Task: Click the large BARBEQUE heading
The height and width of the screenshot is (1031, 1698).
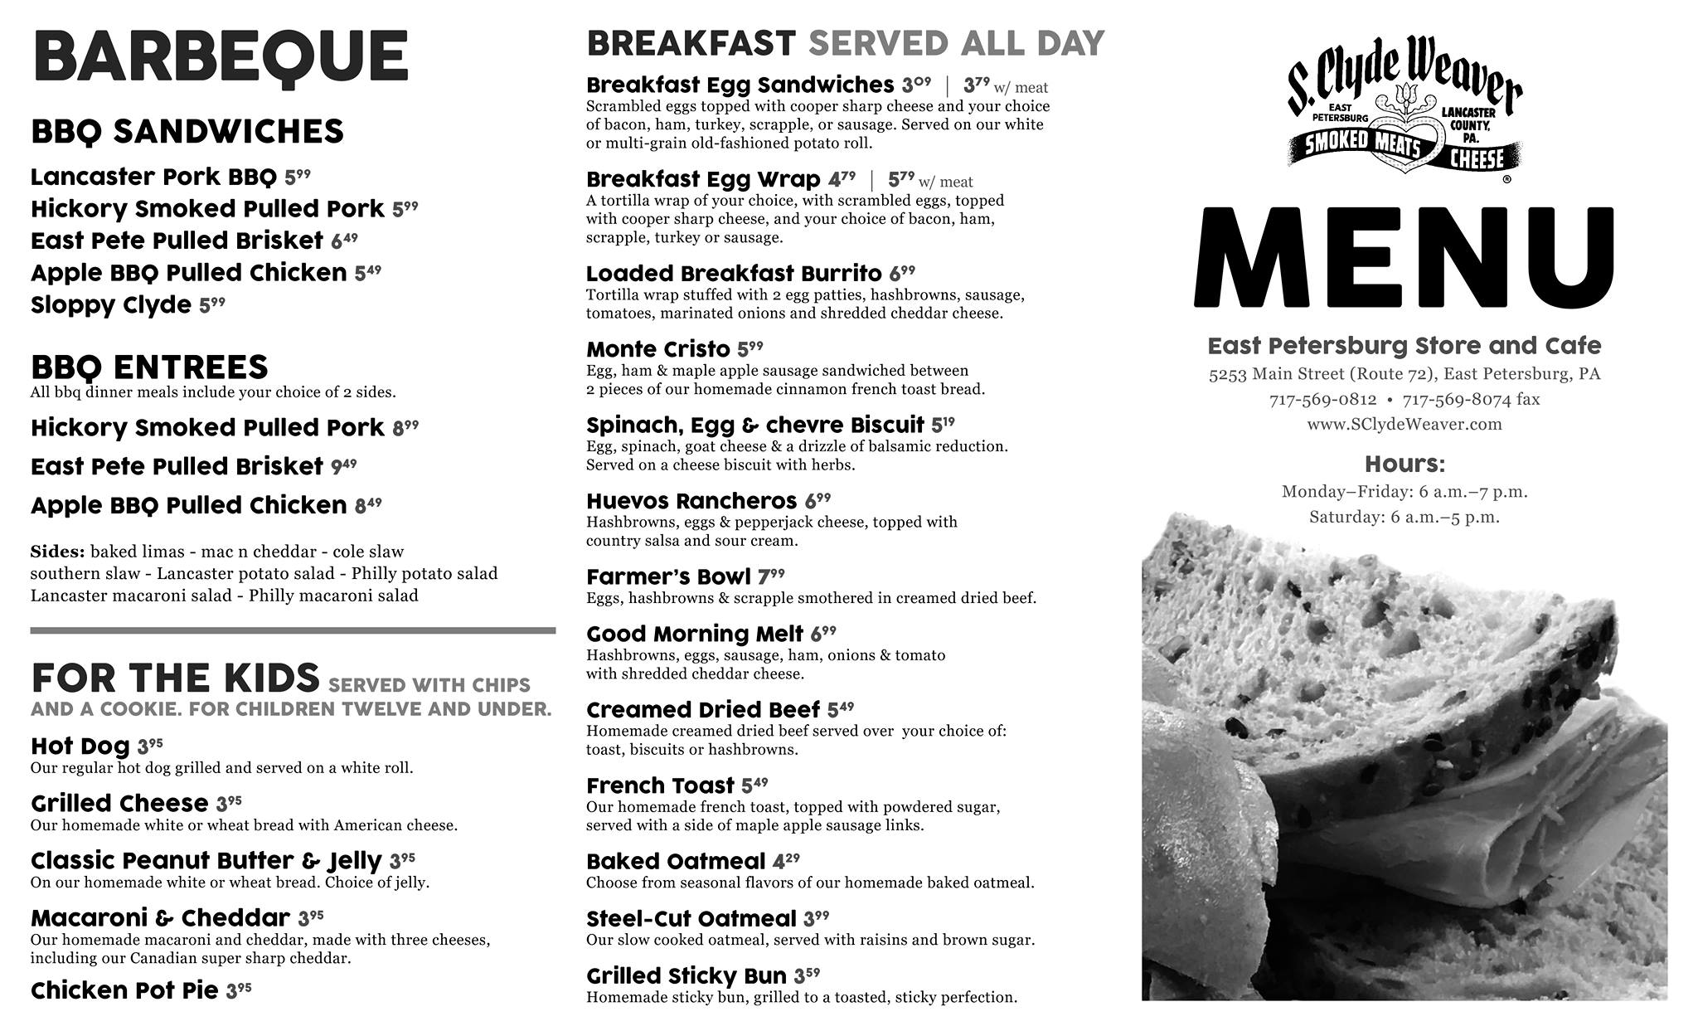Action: coord(221,56)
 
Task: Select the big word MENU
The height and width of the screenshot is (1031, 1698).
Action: coord(1404,259)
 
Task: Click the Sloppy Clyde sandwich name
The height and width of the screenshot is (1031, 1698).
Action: coord(111,305)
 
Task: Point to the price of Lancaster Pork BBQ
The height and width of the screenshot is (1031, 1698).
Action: coord(297,177)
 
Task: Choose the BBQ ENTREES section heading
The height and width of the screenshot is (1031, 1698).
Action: coord(149,367)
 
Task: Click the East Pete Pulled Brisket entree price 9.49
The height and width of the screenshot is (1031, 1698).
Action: coord(343,466)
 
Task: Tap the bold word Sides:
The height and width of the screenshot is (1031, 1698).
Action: coord(57,552)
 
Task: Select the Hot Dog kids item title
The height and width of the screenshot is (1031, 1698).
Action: coord(80,747)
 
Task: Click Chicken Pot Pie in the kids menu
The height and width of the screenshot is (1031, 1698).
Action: coord(124,990)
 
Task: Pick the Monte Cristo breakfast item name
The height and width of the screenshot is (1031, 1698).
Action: coord(657,349)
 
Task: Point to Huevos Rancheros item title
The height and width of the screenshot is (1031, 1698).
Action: coord(691,502)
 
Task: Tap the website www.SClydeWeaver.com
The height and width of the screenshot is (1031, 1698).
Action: coord(1404,425)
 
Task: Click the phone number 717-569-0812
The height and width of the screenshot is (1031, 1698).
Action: coord(1322,400)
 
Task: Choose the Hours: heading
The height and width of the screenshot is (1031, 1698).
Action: coord(1404,464)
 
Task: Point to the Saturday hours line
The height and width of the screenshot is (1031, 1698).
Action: coord(1404,518)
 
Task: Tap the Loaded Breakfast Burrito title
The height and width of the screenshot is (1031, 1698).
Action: coord(734,274)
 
